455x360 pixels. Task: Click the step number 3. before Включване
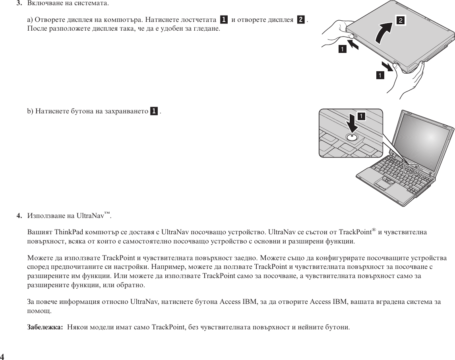pyautogui.click(x=18, y=4)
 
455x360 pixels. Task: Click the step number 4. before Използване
pyautogui.click(x=19, y=216)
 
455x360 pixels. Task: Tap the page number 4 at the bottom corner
pyautogui.click(x=2, y=356)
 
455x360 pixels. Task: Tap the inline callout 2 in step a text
pyautogui.click(x=301, y=19)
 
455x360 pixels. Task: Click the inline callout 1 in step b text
pyautogui.click(x=154, y=111)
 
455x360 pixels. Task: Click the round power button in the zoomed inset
pyautogui.click(x=352, y=137)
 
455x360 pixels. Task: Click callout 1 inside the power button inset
pyautogui.click(x=362, y=116)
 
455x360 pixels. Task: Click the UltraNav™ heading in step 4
pyautogui.click(x=94, y=216)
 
